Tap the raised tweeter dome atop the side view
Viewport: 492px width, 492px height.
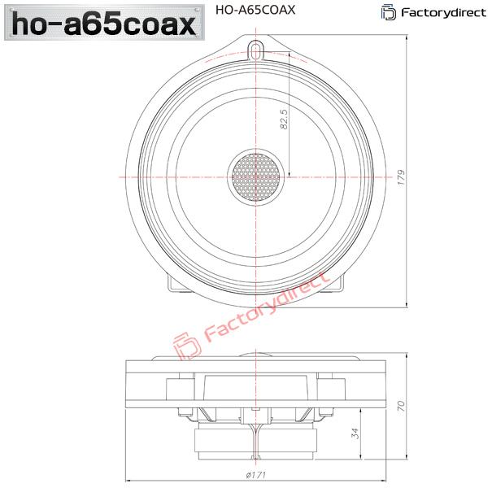pos(256,356)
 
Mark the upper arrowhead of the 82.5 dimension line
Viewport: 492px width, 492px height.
pos(290,52)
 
